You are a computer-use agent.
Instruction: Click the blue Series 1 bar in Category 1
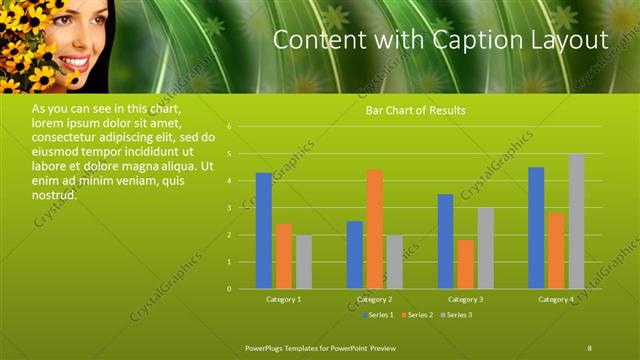point(263,231)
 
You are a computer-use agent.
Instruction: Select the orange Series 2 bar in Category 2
point(374,229)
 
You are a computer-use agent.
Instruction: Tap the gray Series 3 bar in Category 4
point(576,221)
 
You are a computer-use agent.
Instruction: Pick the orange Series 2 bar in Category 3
point(465,264)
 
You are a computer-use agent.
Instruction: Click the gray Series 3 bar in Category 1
point(303,262)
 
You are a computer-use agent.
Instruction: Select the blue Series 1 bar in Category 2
point(354,255)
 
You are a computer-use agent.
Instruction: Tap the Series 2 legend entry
point(416,315)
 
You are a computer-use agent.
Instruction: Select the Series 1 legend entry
point(376,315)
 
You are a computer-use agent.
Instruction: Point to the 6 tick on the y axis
point(230,127)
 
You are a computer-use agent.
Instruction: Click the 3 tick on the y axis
point(230,208)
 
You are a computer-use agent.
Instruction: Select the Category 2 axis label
point(374,299)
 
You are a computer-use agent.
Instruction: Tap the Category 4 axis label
point(556,299)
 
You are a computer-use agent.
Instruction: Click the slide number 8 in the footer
point(589,346)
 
